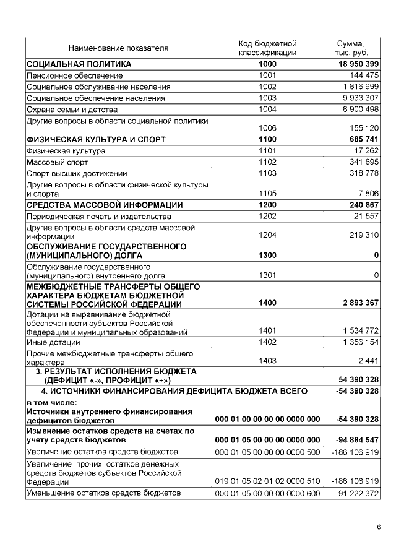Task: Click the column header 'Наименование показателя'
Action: pyautogui.click(x=118, y=48)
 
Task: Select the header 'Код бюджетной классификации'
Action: pyautogui.click(x=267, y=48)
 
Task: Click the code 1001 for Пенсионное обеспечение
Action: pyautogui.click(x=267, y=75)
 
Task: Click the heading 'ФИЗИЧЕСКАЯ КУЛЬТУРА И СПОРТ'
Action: pyautogui.click(x=88, y=139)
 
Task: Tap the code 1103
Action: pyautogui.click(x=267, y=173)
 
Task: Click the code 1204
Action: pyautogui.click(x=267, y=236)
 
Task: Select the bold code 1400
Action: pyautogui.click(x=267, y=304)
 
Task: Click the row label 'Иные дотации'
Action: pyautogui.click(x=53, y=342)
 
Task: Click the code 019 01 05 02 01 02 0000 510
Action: pyautogui.click(x=267, y=481)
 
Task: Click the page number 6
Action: pyautogui.click(x=378, y=527)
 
